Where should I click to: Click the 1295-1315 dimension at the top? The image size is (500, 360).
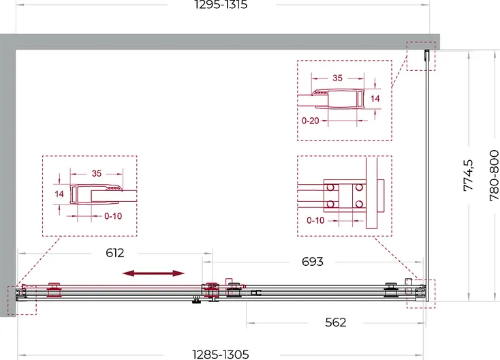pos(221,5)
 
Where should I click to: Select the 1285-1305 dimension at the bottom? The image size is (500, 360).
pos(221,355)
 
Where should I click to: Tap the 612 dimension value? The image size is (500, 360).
pos(115,253)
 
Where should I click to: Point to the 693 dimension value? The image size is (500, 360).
pos(313,262)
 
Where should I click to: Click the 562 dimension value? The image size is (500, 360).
pos(335,322)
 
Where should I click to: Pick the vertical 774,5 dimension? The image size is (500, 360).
pos(468,175)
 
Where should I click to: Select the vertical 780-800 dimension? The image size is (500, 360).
pos(494,175)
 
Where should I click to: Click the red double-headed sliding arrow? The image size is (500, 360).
pos(153,273)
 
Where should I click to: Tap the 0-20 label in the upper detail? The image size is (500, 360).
pos(310,121)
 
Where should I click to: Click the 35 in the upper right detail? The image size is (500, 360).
pos(337,78)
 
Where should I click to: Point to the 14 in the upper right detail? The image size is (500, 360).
pos(375,99)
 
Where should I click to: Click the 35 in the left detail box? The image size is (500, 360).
pos(97,173)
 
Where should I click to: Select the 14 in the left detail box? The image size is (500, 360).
pos(59,194)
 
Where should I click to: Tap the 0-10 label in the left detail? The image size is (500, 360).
pos(113,216)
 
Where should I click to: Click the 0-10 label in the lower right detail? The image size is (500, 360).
pos(315,220)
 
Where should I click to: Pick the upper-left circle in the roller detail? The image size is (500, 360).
pos(330,187)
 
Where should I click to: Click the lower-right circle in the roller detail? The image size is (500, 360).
pos(359,204)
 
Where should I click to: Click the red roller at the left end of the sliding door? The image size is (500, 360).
pos(54,290)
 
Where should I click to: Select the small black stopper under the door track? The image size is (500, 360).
pos(196,299)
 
